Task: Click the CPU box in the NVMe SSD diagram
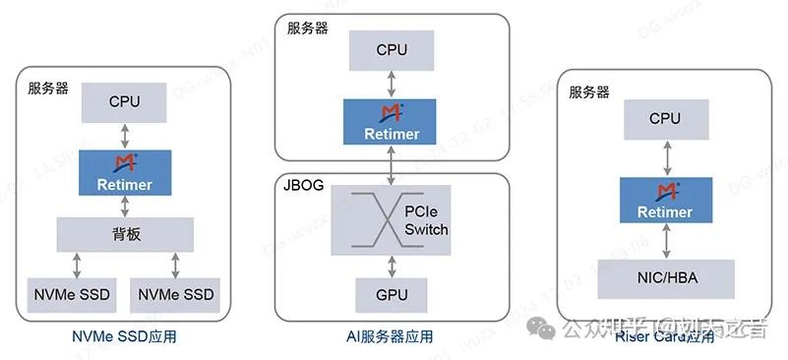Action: click(125, 101)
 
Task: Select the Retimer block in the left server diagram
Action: click(125, 171)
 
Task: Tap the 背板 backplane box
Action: click(125, 233)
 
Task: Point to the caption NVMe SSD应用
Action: click(124, 337)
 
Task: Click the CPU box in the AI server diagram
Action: click(392, 49)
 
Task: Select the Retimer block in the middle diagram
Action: click(392, 120)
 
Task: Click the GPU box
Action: click(392, 294)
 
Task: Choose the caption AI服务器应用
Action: click(392, 337)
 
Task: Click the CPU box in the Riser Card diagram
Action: click(665, 119)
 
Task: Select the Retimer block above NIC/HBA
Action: click(665, 200)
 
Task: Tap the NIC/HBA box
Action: click(665, 279)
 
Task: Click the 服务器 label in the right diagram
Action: click(589, 91)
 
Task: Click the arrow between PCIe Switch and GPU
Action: click(392, 263)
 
